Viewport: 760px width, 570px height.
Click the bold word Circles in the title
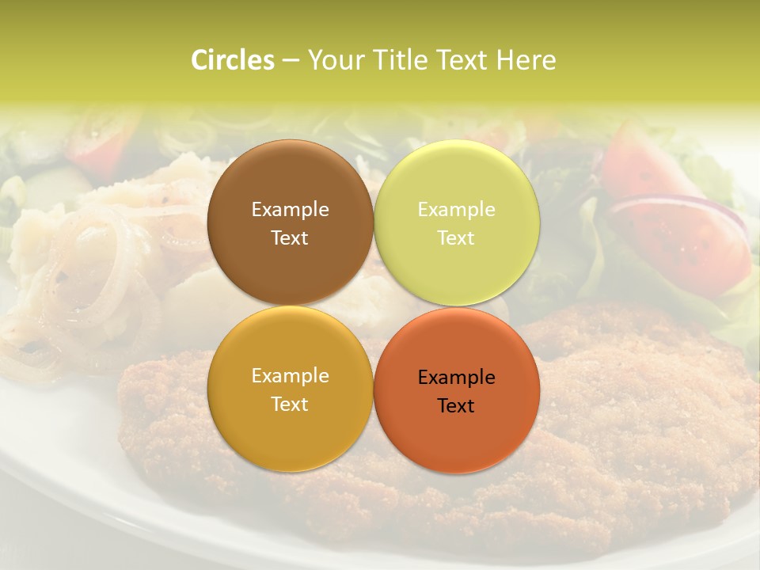click(x=233, y=60)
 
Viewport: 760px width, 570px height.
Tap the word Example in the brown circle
click(x=290, y=210)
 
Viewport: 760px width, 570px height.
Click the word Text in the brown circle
click(x=290, y=238)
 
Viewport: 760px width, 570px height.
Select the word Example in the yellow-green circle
click(x=457, y=210)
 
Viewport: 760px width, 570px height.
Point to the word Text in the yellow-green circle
click(x=457, y=238)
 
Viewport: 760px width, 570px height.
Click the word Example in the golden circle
click(x=290, y=376)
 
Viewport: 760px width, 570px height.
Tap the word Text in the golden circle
click(x=290, y=405)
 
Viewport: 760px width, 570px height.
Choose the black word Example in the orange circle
click(x=457, y=378)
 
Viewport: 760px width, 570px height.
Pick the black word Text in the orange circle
click(x=457, y=406)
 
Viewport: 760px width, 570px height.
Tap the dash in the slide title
click(x=291, y=60)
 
